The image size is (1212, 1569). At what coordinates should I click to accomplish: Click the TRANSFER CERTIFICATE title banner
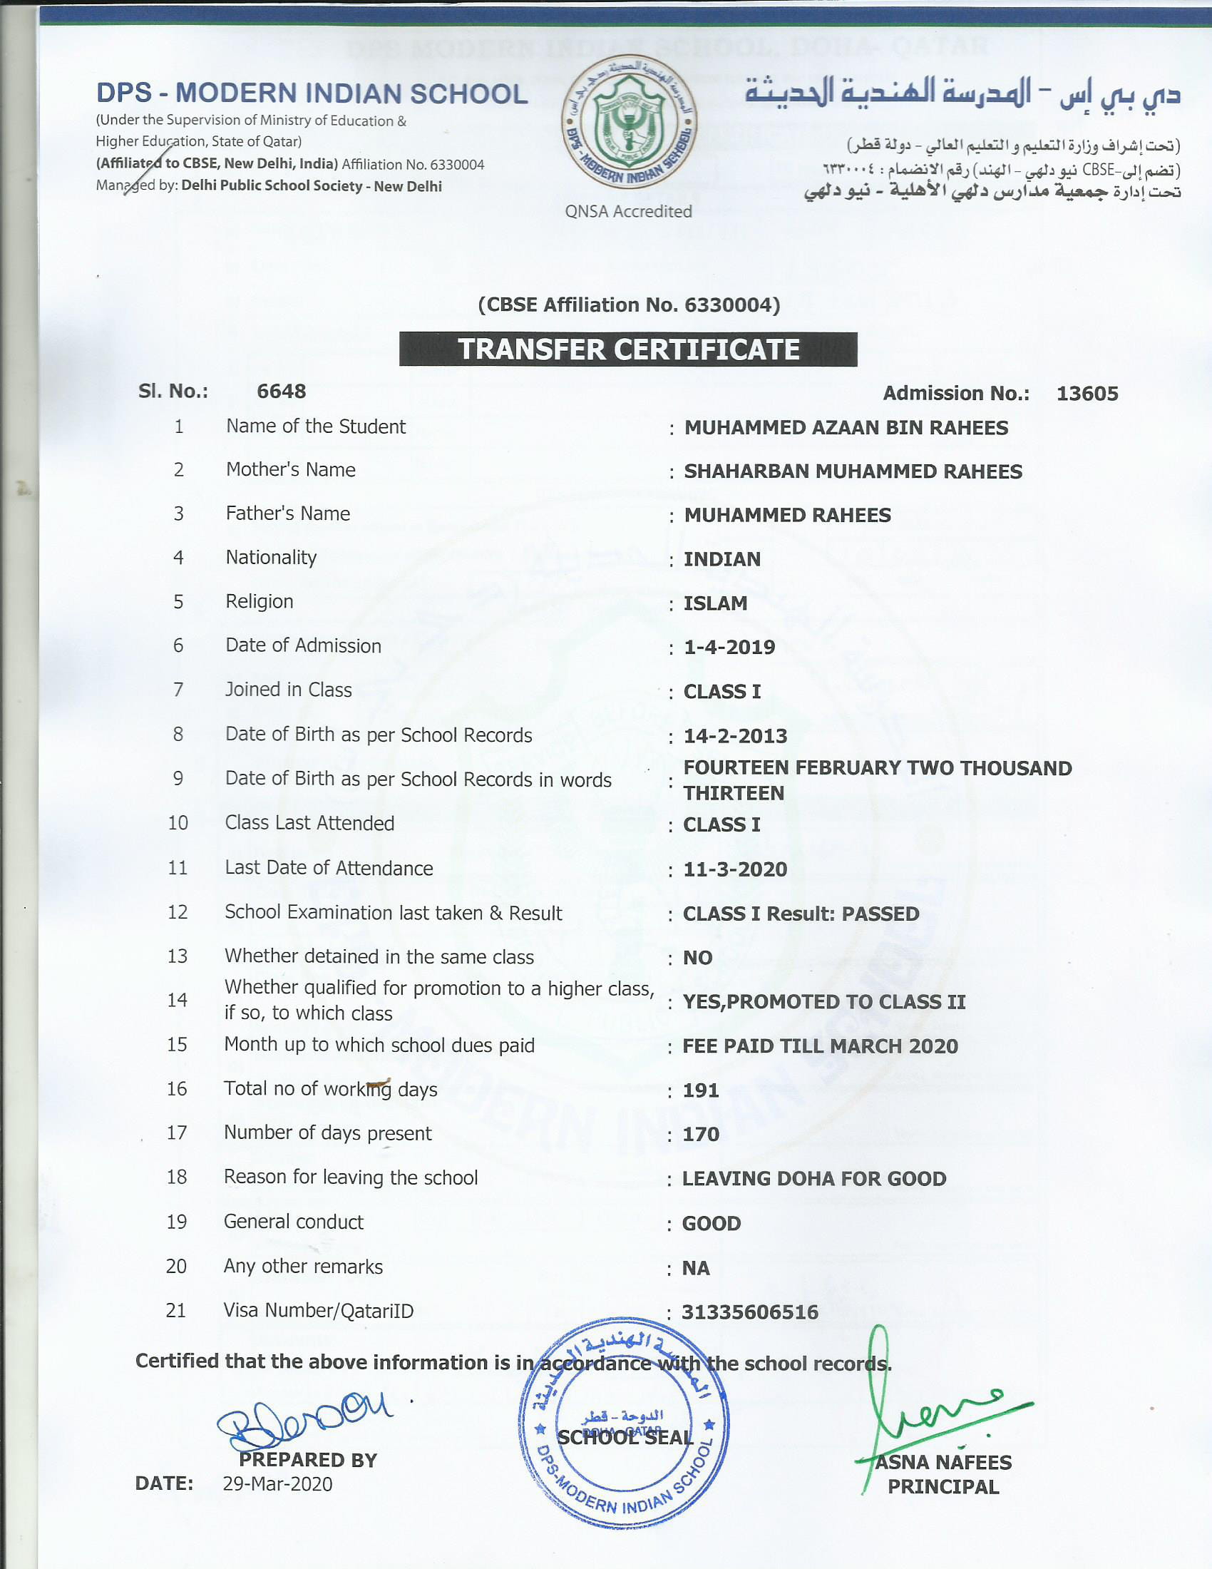point(628,349)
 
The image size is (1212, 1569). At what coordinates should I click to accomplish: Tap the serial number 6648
point(282,392)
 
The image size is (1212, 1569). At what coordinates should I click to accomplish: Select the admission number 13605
point(1087,394)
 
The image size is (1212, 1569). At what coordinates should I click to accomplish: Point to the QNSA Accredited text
point(628,211)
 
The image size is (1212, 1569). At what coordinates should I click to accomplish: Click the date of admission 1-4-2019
point(729,648)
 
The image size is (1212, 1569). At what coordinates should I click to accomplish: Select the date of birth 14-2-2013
point(735,737)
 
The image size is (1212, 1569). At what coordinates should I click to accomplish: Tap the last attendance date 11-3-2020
point(735,869)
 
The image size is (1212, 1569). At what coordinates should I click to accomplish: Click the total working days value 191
point(701,1090)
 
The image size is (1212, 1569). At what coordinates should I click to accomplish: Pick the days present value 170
point(701,1135)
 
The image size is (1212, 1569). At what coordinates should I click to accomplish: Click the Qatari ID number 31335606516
point(750,1312)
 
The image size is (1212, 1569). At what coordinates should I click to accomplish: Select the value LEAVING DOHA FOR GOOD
point(814,1179)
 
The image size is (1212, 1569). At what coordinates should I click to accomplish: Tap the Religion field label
point(260,601)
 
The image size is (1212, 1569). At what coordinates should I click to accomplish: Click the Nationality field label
point(271,558)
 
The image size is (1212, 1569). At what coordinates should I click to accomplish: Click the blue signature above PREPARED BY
point(305,1416)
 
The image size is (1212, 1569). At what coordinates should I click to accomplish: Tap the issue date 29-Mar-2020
point(277,1484)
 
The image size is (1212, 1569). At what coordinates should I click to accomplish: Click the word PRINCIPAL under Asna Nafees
point(943,1487)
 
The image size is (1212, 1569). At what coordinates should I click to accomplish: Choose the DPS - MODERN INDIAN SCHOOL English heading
point(312,93)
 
